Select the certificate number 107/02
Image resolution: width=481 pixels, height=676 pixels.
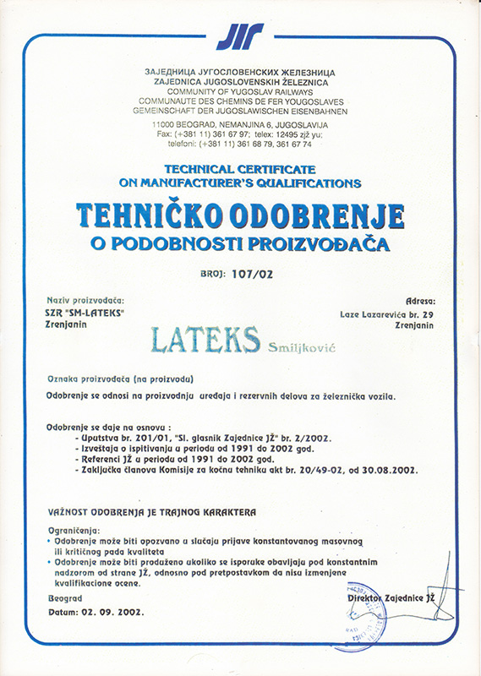255,274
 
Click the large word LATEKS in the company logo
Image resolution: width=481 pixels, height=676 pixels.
206,341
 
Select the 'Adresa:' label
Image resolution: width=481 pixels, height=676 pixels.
420,300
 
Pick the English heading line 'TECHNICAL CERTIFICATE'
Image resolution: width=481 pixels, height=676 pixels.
239,169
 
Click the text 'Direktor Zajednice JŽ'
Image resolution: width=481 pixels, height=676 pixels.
391,597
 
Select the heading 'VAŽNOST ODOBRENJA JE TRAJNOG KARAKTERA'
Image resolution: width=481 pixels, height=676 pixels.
151,512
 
